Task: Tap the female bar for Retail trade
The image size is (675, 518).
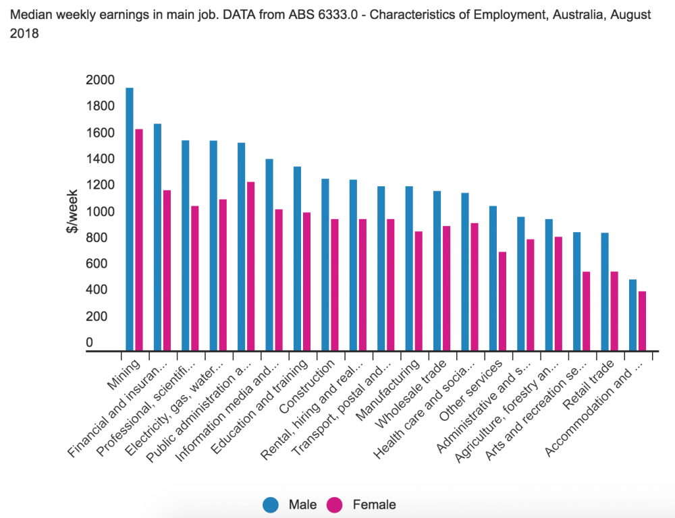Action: point(614,311)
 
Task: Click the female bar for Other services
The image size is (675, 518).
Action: point(502,301)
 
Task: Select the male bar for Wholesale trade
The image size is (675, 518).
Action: point(437,270)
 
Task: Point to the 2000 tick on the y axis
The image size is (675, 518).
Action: point(101,80)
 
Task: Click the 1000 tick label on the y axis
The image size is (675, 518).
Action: point(101,212)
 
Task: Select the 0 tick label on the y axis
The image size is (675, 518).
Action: point(89,343)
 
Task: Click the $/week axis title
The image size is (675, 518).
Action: point(72,212)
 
